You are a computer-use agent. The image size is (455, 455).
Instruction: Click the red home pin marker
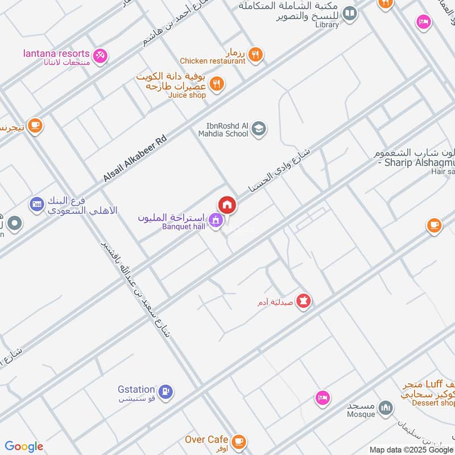(x=226, y=205)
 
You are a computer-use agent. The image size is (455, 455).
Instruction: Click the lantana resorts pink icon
(x=101, y=55)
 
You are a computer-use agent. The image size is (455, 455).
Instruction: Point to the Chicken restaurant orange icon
(x=256, y=54)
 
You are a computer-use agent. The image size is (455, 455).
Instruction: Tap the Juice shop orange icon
(x=217, y=84)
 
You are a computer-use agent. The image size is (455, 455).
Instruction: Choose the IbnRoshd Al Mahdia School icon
(x=259, y=129)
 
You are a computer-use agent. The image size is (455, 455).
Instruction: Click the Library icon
(x=350, y=13)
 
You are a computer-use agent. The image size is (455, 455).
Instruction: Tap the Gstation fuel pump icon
(x=166, y=391)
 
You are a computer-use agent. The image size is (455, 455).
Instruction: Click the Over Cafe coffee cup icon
(x=239, y=440)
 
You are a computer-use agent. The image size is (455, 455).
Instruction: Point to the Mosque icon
(x=386, y=408)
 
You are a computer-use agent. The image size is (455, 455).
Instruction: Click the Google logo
(x=24, y=446)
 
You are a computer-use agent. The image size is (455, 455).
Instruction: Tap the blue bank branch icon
(x=37, y=203)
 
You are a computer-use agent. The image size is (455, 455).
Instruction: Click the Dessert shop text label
(x=435, y=403)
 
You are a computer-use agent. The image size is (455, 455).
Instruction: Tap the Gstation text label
(x=136, y=390)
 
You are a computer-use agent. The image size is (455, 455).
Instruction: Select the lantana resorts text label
(x=56, y=53)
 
